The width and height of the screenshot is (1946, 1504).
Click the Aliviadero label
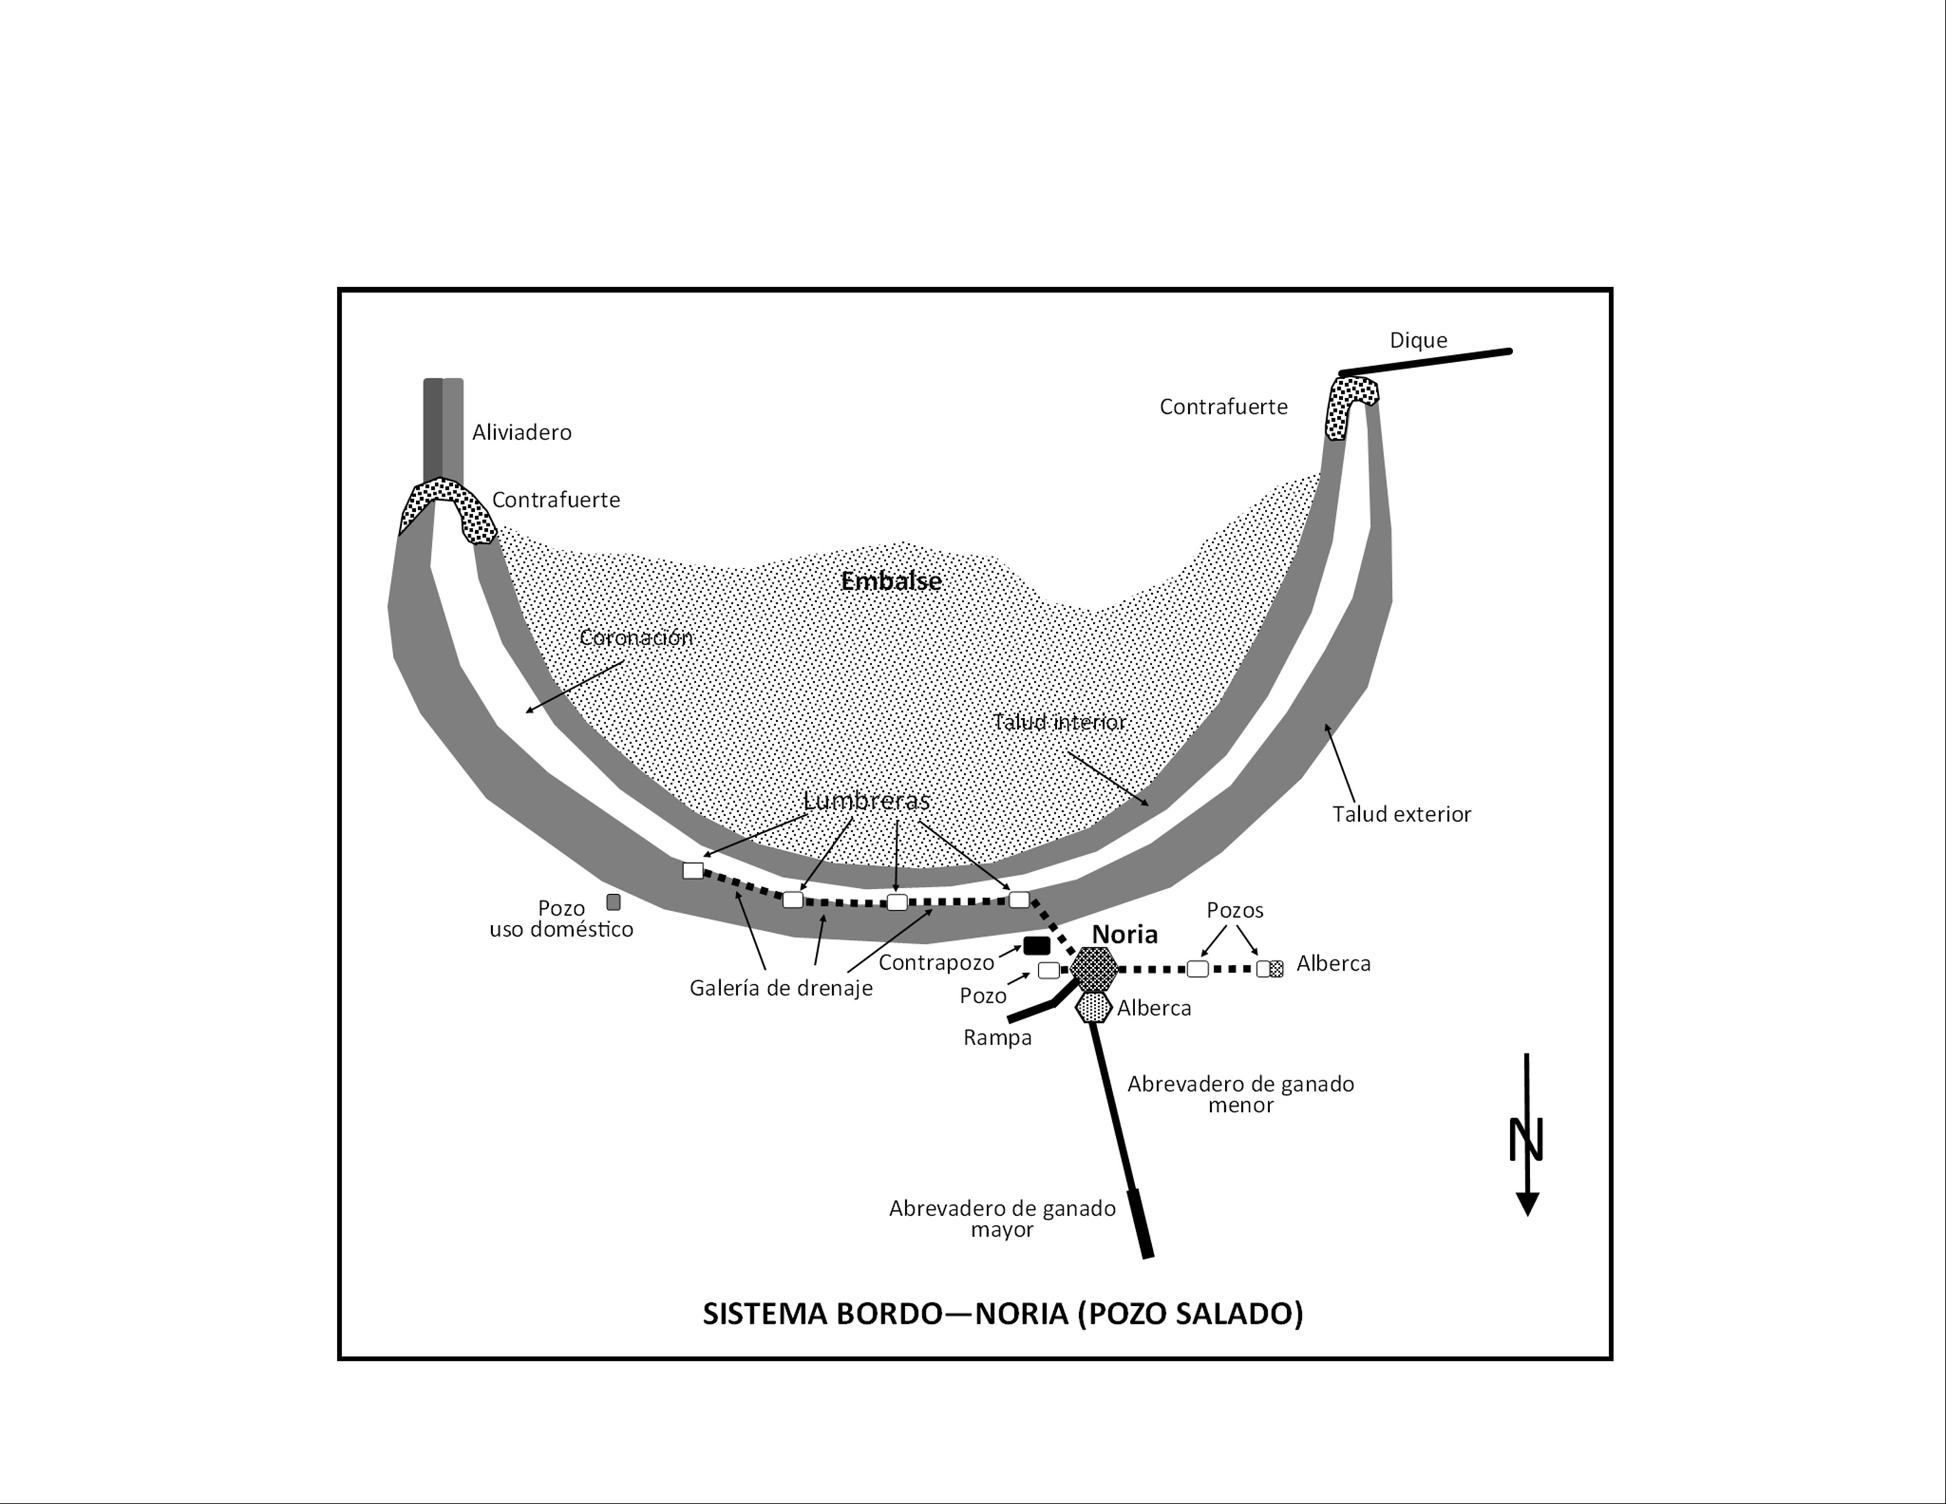click(521, 433)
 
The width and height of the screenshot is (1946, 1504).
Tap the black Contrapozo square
click(1036, 945)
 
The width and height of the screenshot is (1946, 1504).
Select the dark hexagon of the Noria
click(1093, 968)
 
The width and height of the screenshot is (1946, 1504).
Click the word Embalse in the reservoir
click(891, 582)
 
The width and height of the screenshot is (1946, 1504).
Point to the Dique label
click(1418, 340)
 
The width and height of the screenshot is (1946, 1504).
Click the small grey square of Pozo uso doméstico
click(613, 902)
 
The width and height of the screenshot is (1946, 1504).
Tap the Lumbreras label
click(866, 800)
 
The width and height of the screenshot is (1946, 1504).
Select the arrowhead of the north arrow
click(1527, 1204)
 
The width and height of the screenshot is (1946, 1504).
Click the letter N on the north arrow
click(1526, 1140)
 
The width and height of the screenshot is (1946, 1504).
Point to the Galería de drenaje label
click(781, 988)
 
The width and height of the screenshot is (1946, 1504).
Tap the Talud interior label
click(1060, 722)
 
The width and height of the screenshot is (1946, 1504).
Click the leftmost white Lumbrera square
click(692, 871)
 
